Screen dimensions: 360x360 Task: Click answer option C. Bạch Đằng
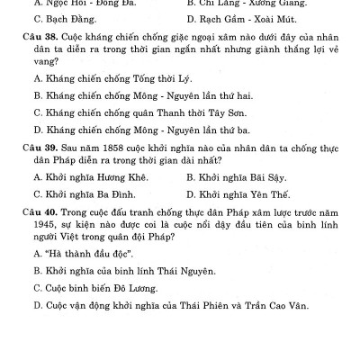point(67,18)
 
